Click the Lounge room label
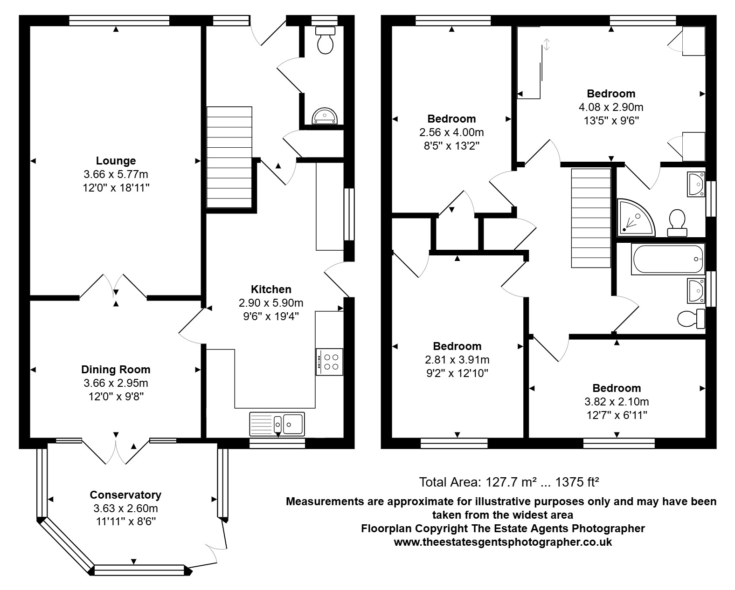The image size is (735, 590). click(x=116, y=160)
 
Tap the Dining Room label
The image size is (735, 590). click(x=116, y=370)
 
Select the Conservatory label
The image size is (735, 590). click(x=126, y=495)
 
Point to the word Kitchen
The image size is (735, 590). click(x=271, y=289)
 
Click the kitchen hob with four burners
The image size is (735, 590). click(x=329, y=362)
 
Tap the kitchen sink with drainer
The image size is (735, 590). click(x=277, y=425)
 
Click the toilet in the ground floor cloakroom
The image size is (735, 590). click(x=325, y=40)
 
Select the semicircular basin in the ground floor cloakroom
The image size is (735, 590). click(x=325, y=116)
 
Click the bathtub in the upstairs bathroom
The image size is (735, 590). click(x=668, y=259)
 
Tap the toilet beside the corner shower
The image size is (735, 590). click(x=677, y=223)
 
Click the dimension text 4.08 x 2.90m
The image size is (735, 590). click(x=611, y=107)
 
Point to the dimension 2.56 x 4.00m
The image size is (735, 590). click(x=451, y=132)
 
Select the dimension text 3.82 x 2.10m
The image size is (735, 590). click(x=617, y=402)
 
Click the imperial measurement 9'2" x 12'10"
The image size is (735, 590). click(x=457, y=373)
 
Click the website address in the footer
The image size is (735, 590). click(x=503, y=542)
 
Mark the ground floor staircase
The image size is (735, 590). click(x=229, y=157)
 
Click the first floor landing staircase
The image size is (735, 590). click(x=591, y=218)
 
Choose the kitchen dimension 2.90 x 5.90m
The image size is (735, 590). click(x=271, y=303)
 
